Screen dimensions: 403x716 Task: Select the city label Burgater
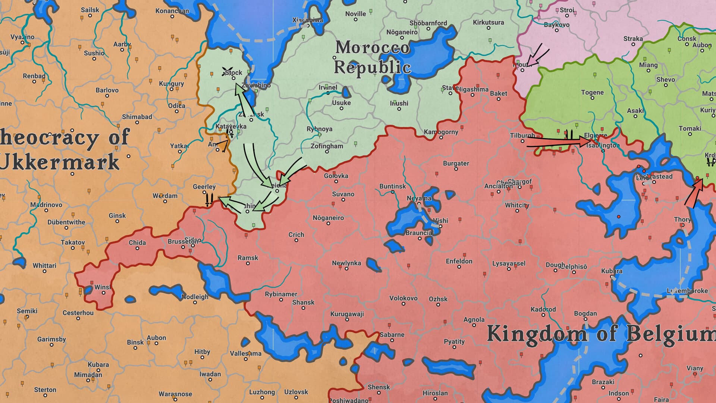456,163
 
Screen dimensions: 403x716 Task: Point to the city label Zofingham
327,146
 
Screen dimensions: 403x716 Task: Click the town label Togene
592,93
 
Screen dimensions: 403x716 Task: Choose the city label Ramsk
248,258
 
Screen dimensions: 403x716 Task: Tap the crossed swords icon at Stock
226,72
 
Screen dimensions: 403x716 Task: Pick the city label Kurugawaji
347,314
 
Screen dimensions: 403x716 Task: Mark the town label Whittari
44,266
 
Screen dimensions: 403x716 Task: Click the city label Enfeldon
459,261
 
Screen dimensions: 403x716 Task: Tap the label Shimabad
137,117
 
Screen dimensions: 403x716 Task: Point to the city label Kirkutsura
488,22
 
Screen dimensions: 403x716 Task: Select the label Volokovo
403,298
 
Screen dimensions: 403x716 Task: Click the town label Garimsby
51,339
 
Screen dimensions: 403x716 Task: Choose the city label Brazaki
603,382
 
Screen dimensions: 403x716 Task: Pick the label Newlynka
346,263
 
